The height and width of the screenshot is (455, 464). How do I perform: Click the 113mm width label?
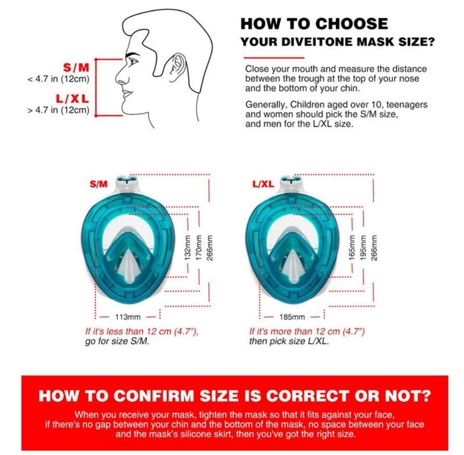point(128,317)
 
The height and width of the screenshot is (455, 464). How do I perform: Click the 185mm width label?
point(292,317)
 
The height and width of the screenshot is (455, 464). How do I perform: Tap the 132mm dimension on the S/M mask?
point(187,248)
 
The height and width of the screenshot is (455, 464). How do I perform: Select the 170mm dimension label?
point(199,248)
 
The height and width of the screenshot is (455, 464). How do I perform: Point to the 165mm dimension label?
point(352,248)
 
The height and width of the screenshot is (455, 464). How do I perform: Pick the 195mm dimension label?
point(363,248)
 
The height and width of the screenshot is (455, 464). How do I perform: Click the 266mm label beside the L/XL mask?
point(374,248)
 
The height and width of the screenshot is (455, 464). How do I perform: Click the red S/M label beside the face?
point(76,67)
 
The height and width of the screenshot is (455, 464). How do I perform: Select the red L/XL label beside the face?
point(72,99)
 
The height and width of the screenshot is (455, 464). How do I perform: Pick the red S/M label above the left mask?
point(99,185)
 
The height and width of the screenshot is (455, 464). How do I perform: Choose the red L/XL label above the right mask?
point(263,185)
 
